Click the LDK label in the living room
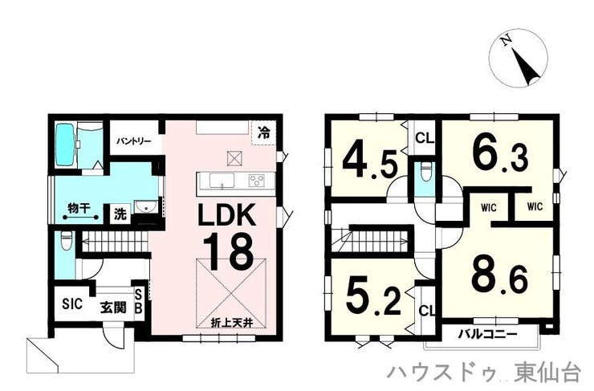(x=226, y=215)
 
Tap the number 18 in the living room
(x=229, y=250)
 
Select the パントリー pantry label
(x=133, y=141)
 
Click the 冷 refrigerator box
(x=264, y=132)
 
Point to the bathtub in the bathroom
(x=65, y=145)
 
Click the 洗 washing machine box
(x=120, y=214)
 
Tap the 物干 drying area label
(x=79, y=208)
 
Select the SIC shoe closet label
(x=72, y=303)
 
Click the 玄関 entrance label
(x=113, y=308)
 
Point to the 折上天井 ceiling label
(x=231, y=323)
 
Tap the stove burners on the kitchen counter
(x=257, y=181)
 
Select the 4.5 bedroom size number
(x=370, y=164)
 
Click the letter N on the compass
(x=506, y=39)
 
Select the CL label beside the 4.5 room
(x=425, y=138)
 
